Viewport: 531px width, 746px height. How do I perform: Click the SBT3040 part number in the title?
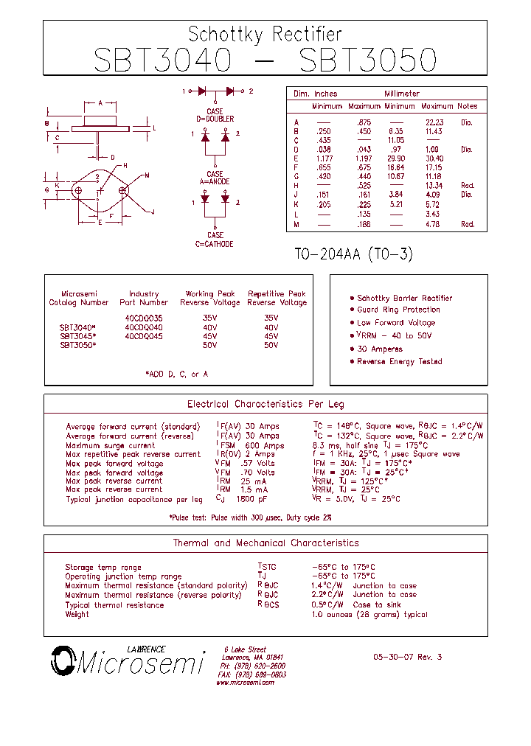tap(162, 60)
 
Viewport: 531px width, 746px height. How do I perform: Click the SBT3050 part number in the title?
tap(368, 60)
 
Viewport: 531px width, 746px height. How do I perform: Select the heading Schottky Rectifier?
tap(265, 34)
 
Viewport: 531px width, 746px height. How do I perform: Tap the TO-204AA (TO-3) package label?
tap(353, 254)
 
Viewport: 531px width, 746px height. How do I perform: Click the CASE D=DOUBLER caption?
tap(215, 115)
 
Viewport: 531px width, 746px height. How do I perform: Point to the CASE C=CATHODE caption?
tap(215, 240)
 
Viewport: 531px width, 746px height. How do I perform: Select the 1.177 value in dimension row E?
tap(324, 158)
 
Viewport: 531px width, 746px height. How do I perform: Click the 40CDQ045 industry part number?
tap(144, 336)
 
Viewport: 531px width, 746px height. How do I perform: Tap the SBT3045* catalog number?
tap(78, 336)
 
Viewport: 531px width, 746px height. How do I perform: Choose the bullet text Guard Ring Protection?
tap(398, 310)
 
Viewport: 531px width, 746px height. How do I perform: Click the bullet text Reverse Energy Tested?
tap(399, 362)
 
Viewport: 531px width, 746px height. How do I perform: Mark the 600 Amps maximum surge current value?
tap(264, 445)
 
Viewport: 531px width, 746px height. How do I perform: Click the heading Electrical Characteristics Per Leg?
tap(265, 405)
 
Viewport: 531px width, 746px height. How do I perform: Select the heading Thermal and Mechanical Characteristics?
tap(265, 543)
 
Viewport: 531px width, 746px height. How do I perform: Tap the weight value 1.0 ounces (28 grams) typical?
tap(369, 614)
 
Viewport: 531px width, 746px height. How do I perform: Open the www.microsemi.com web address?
tap(245, 683)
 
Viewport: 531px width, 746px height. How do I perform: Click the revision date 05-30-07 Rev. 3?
tap(407, 657)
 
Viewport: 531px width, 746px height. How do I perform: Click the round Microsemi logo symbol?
tap(63, 660)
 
